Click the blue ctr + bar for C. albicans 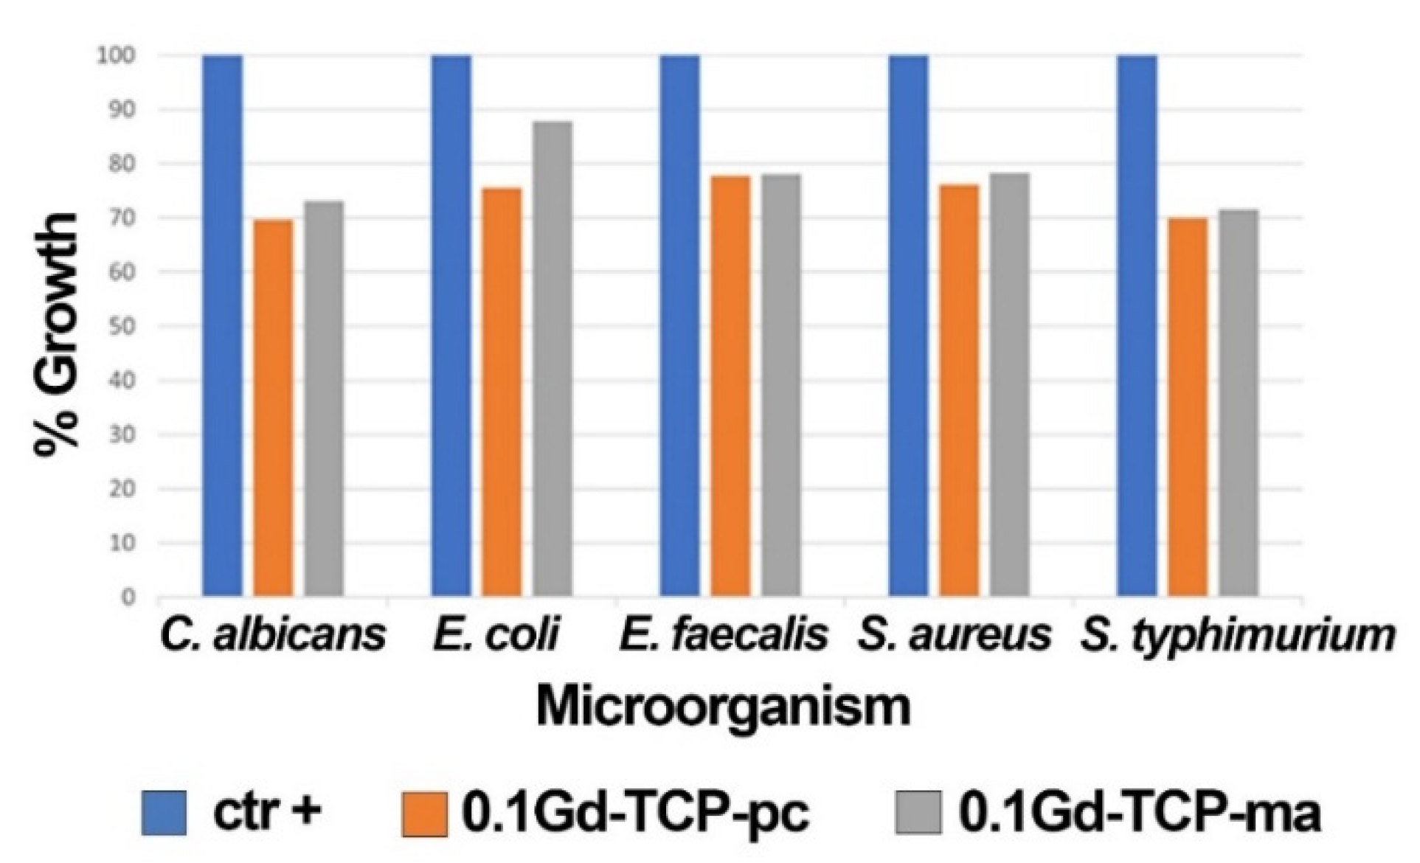[x=222, y=325]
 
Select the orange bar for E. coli [x=502, y=391]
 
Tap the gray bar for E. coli [x=553, y=358]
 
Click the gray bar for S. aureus [x=1010, y=384]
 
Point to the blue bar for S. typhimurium [x=1137, y=325]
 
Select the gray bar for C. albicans [x=324, y=398]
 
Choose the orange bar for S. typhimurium [x=1188, y=406]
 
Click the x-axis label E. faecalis [x=724, y=635]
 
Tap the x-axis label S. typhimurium [x=1237, y=637]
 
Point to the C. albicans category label [x=272, y=635]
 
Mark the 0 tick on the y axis [x=128, y=597]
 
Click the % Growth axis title [x=58, y=328]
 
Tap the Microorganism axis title [x=723, y=706]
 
